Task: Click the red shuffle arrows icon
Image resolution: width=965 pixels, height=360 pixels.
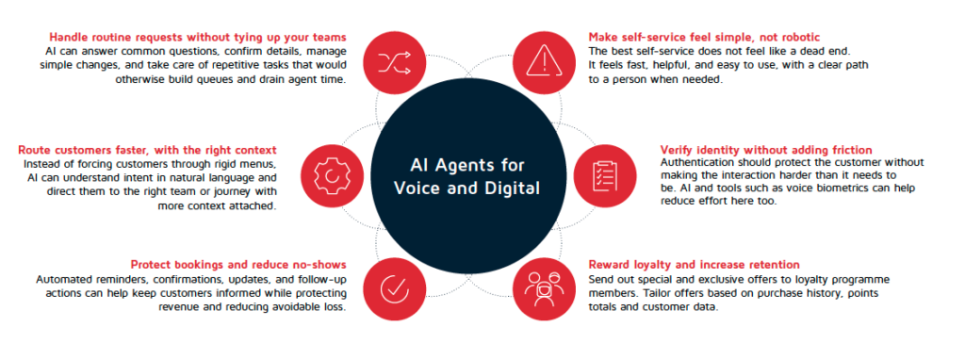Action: (395, 61)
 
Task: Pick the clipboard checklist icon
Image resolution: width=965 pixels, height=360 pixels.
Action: (604, 175)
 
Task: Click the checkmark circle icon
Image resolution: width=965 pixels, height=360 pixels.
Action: (395, 289)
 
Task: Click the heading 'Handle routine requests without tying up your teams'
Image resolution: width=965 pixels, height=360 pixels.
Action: (198, 37)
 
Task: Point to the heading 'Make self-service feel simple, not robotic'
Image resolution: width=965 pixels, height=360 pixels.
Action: (704, 37)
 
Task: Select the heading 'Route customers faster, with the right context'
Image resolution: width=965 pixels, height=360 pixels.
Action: (147, 151)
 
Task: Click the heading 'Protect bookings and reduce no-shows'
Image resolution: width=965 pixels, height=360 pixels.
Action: (238, 265)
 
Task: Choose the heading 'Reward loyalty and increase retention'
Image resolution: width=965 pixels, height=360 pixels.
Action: (695, 265)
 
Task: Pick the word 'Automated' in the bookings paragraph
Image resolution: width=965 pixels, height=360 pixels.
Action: (62, 280)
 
